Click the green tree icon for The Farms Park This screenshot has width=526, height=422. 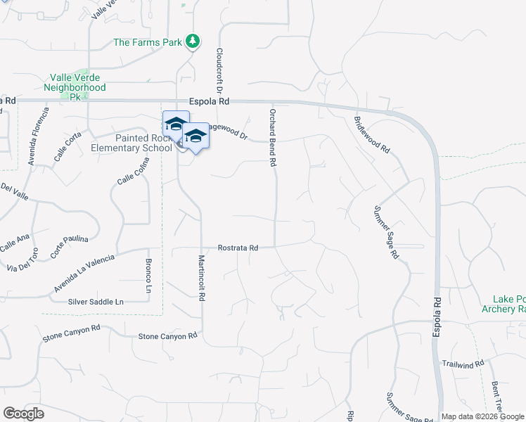point(193,42)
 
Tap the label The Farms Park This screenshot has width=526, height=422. point(148,43)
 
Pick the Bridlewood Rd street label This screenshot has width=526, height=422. point(372,135)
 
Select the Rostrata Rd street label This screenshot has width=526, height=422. point(238,248)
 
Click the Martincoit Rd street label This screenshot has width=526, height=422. point(201,278)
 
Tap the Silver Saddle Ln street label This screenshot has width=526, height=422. point(96,302)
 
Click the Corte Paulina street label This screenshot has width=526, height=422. point(70,243)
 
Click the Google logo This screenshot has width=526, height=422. point(23,413)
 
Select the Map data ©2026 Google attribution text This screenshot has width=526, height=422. point(482,416)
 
